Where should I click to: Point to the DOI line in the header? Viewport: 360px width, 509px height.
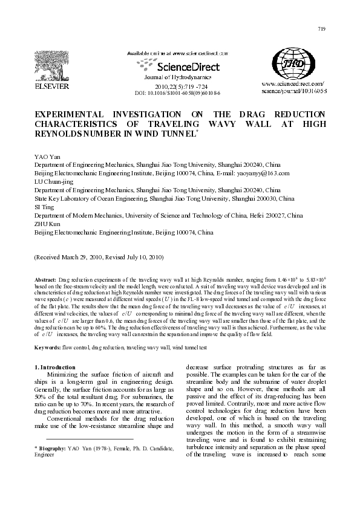pyautogui.click(x=177, y=94)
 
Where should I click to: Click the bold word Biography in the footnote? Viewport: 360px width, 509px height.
pyautogui.click(x=47, y=449)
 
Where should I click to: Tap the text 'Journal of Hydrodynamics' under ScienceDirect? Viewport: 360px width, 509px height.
pyautogui.click(x=177, y=78)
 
